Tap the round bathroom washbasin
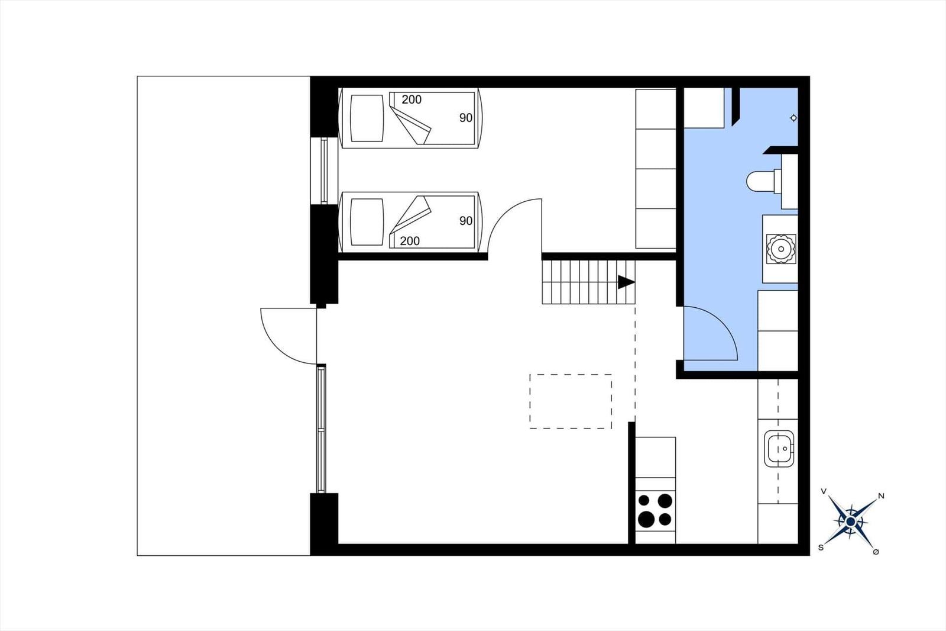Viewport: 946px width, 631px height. [x=781, y=249]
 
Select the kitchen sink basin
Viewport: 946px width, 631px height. [x=779, y=449]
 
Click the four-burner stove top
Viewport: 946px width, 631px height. [x=655, y=510]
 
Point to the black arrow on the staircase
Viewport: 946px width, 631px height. [x=626, y=282]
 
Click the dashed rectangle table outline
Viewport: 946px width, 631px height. [x=571, y=401]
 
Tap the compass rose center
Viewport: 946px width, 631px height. [x=851, y=522]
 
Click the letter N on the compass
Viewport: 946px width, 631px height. [x=882, y=496]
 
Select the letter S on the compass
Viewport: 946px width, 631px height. [x=821, y=548]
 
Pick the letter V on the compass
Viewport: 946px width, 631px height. [x=823, y=491]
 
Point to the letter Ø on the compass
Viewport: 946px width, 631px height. [x=876, y=552]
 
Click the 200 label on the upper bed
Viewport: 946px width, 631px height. [x=412, y=99]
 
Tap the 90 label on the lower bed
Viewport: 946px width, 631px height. [x=466, y=221]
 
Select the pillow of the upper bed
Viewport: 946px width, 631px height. [x=367, y=118]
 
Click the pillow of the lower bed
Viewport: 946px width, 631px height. [x=367, y=221]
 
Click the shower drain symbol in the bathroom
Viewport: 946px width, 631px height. [x=793, y=118]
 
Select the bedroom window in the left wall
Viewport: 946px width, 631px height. [x=324, y=171]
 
